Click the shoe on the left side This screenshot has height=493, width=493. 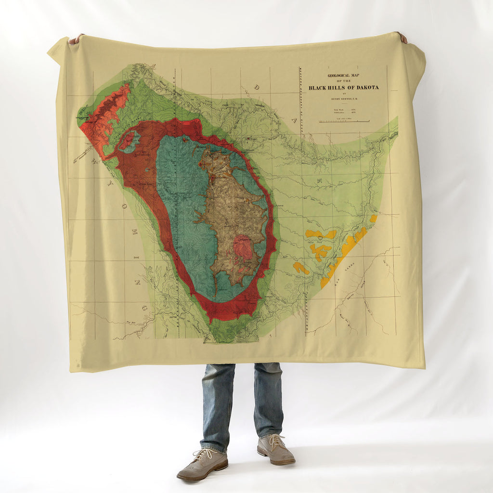coord(202,465)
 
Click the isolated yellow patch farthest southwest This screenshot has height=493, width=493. coord(301,268)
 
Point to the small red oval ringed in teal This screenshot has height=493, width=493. coord(129,141)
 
